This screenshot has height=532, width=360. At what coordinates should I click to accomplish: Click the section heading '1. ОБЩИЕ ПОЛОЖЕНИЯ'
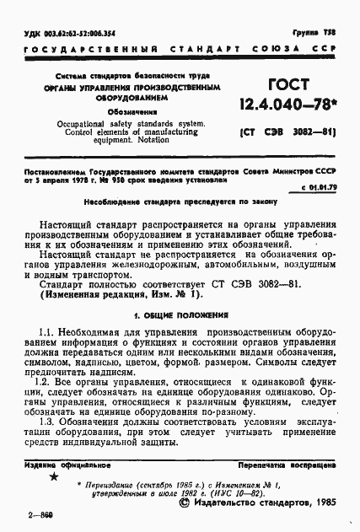coord(180,314)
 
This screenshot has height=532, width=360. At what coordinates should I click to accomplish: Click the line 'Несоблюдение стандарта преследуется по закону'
coord(180,204)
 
